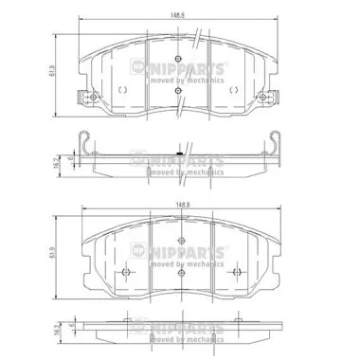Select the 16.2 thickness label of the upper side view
58,162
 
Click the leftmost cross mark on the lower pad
125,271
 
